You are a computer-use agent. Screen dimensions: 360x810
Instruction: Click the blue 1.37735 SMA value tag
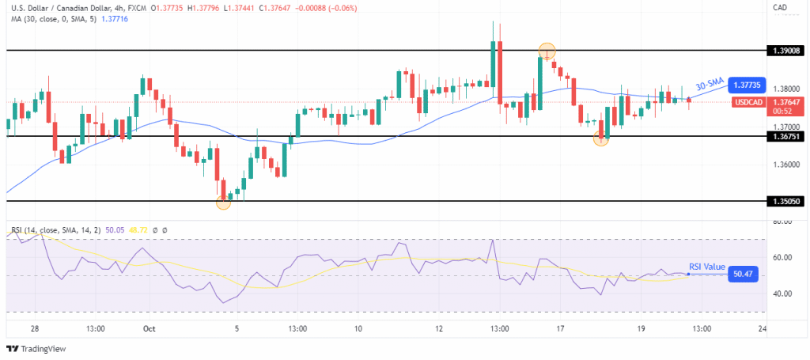(x=748, y=84)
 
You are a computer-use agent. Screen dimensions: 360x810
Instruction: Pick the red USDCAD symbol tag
(x=748, y=102)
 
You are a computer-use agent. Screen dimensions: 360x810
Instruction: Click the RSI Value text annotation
(x=706, y=267)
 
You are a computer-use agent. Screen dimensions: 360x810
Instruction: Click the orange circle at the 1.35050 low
(x=223, y=203)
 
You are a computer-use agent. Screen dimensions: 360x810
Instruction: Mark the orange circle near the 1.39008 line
(x=547, y=51)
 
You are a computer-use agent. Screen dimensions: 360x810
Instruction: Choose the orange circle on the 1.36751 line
(x=602, y=138)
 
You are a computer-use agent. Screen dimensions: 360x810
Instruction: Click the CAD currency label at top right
(x=778, y=9)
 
